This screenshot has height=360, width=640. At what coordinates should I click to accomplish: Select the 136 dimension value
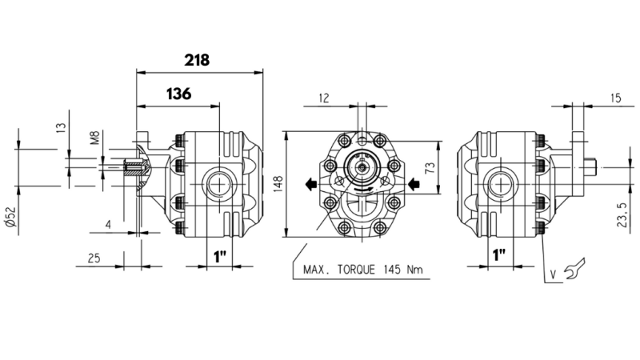[x=178, y=94]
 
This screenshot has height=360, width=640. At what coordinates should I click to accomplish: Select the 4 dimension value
[x=108, y=226]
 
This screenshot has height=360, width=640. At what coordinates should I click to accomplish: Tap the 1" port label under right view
[x=500, y=256]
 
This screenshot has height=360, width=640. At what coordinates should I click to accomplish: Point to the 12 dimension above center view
[x=323, y=98]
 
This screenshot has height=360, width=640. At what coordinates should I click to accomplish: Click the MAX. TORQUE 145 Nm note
[x=362, y=270]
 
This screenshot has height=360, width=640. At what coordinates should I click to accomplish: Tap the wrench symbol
[x=574, y=270]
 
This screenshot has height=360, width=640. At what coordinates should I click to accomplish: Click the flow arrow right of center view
[x=414, y=186]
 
